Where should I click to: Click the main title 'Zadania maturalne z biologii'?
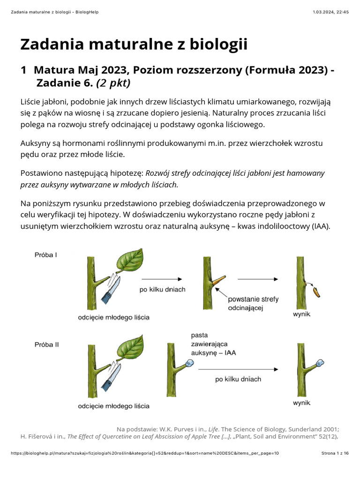[134, 45]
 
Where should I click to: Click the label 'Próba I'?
[46, 255]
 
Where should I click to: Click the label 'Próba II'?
[47, 344]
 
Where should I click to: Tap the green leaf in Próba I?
[130, 262]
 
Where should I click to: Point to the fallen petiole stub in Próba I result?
[316, 292]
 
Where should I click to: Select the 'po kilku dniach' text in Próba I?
[162, 290]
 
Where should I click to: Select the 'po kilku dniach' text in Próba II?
[238, 379]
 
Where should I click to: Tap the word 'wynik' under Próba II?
[301, 403]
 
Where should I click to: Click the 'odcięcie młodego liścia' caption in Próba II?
[114, 406]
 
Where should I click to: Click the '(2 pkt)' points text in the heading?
[113, 83]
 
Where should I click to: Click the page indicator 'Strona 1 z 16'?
[335, 453]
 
